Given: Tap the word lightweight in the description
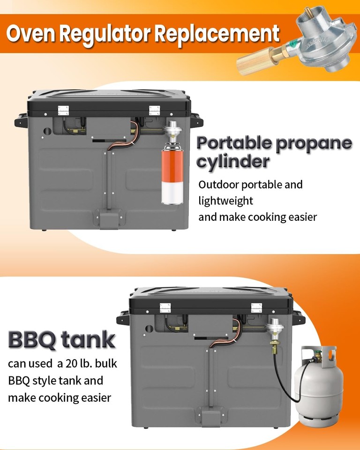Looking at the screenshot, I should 225,201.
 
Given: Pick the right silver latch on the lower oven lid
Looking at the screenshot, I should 256,307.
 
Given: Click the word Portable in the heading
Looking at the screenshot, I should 234,143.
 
